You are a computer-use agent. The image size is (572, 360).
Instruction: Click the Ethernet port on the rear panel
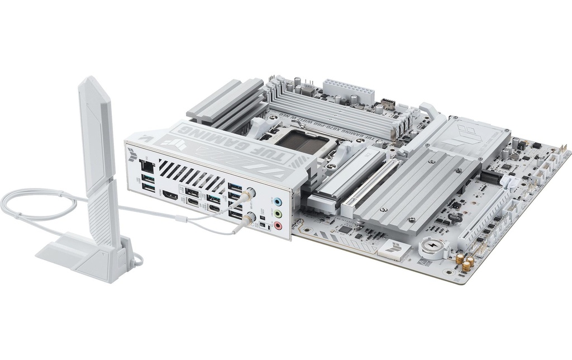(146, 165)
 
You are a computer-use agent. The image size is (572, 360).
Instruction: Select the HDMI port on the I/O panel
(170, 196)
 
